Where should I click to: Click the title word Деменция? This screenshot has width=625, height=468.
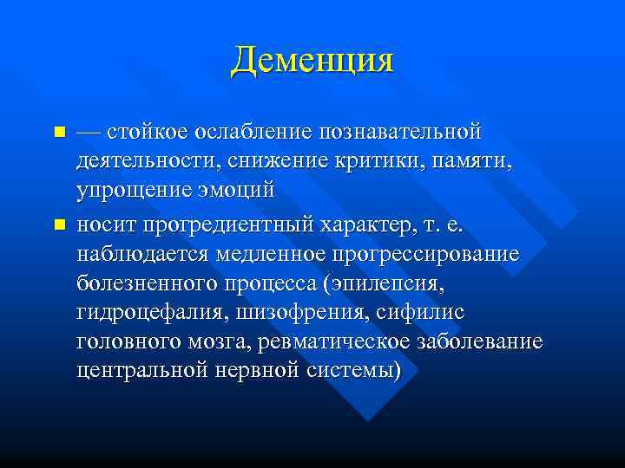click(x=312, y=60)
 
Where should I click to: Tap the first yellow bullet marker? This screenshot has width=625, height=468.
click(x=59, y=133)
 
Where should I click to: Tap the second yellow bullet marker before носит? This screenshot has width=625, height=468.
click(x=59, y=225)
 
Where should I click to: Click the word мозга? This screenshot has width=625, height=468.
click(x=223, y=341)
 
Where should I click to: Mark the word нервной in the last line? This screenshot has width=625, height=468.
click(x=267, y=370)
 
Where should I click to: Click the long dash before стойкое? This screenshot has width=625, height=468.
click(x=89, y=133)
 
